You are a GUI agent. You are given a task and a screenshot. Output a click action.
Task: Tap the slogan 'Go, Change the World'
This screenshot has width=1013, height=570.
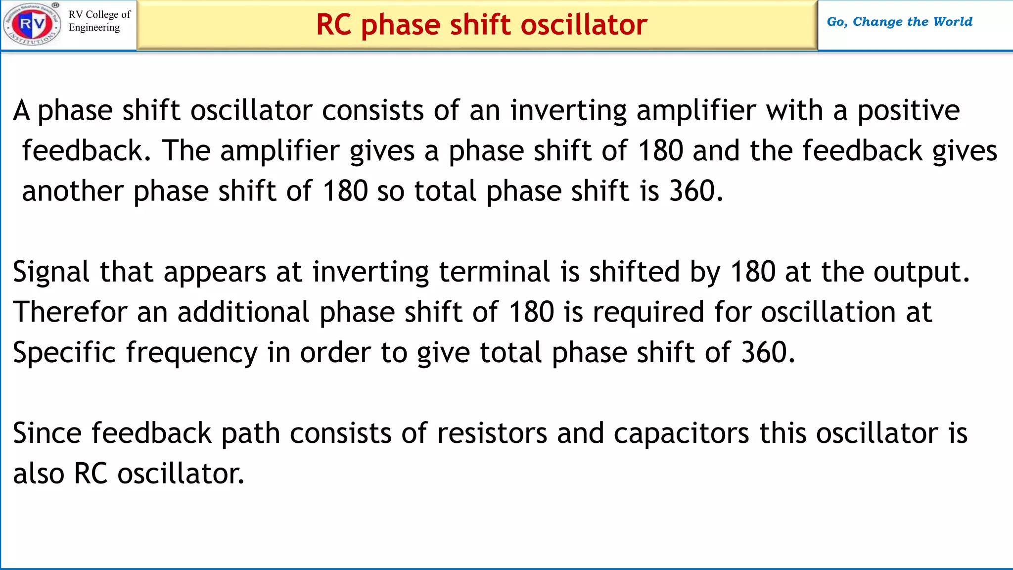pos(899,22)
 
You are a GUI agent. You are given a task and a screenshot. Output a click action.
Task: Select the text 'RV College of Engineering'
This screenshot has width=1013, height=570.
pos(99,21)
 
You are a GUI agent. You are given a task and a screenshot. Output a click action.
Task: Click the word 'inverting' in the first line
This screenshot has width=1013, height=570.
pos(568,111)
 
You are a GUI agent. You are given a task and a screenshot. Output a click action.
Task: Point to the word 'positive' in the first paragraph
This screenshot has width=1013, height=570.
pos(908,111)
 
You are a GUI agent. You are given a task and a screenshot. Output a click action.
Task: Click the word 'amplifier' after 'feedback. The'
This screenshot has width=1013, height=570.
pos(280,151)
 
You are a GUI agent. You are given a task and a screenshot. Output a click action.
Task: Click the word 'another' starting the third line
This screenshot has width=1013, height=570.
pos(73,191)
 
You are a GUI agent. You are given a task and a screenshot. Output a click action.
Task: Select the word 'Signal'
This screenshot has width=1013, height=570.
pos(51,272)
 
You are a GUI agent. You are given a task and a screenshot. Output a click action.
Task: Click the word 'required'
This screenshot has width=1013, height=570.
pos(648,313)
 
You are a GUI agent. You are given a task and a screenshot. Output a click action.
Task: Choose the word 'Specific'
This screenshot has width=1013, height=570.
pos(64,353)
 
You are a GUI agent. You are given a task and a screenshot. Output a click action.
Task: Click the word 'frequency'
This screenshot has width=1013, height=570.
pos(192,353)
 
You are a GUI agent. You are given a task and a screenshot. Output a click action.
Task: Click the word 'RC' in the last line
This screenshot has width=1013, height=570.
pos(91,474)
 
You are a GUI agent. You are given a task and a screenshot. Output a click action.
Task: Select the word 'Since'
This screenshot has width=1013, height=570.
pos(47,433)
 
